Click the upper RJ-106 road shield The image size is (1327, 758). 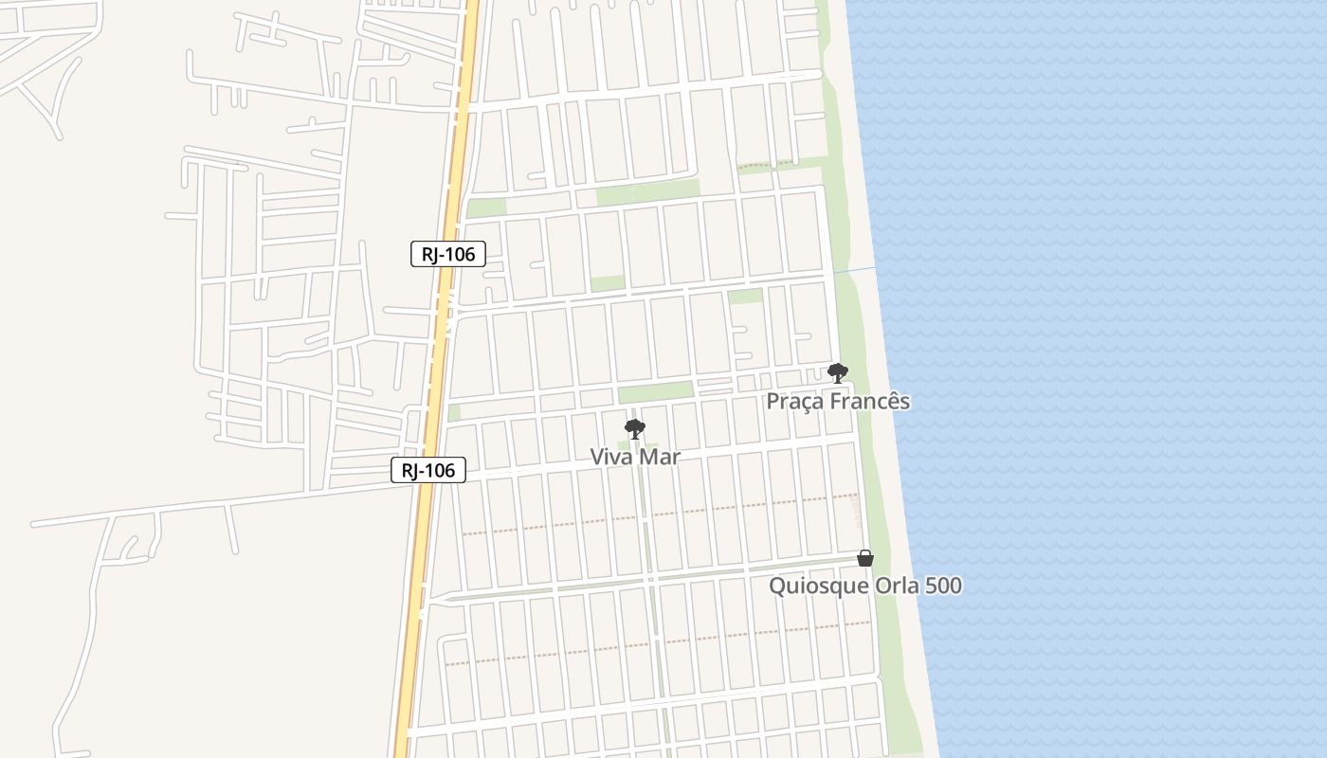tap(448, 254)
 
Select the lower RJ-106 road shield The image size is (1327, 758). tap(428, 470)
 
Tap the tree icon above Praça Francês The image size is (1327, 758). tap(837, 372)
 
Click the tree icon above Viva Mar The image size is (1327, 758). tap(634, 429)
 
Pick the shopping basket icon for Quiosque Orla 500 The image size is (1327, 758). tap(864, 558)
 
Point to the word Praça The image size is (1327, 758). tap(795, 402)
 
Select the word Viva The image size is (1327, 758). tap(612, 457)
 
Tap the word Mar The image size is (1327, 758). tap(660, 457)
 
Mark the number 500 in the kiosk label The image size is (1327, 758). tap(943, 586)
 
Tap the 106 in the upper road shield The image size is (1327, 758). tap(460, 254)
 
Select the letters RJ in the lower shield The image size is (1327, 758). tap(410, 470)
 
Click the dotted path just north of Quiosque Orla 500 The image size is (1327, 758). tap(663, 513)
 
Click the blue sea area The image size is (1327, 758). tap(1118, 379)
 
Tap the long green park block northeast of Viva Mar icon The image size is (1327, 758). tap(655, 391)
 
